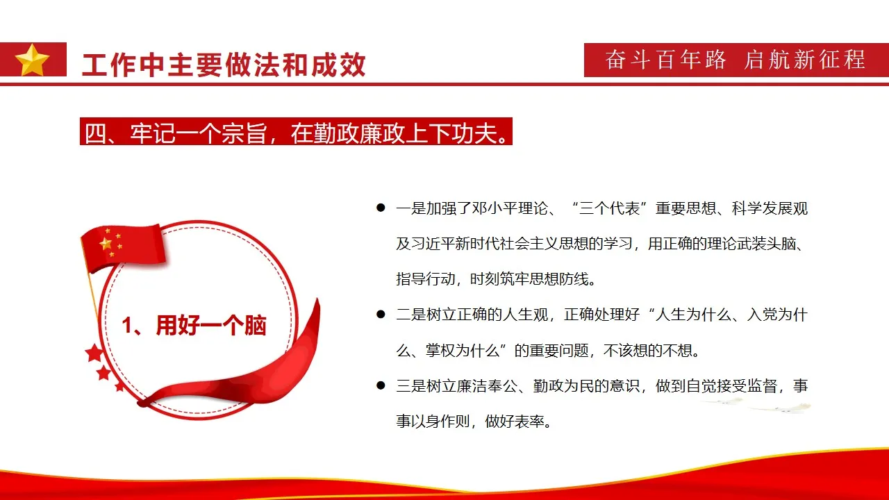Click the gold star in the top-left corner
point(32,60)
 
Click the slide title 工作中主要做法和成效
point(224,65)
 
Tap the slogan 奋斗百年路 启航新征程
point(735,60)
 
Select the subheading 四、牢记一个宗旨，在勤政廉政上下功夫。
point(296,132)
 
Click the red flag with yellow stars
point(123,247)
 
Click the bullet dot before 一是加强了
point(380,208)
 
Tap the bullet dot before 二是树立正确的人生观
point(380,315)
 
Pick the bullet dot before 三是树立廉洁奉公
point(380,385)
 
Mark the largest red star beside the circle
point(94,353)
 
